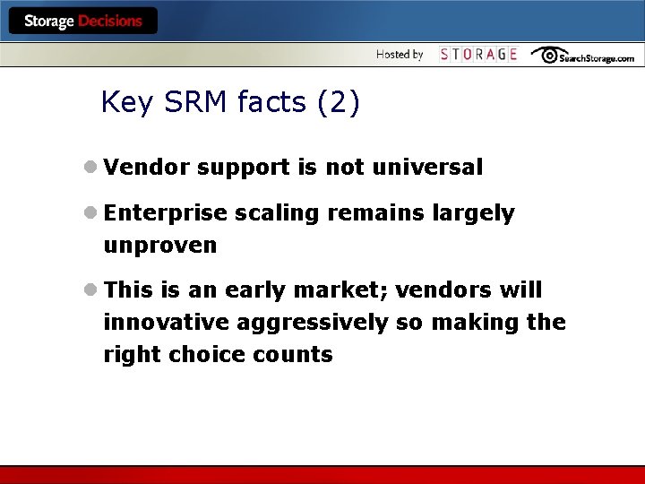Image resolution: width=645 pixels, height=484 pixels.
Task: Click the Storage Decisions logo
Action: click(82, 21)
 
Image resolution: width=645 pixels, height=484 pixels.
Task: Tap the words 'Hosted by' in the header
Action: click(400, 55)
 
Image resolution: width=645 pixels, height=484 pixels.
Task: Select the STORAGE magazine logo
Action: click(478, 55)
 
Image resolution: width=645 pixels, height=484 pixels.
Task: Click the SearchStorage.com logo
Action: click(583, 56)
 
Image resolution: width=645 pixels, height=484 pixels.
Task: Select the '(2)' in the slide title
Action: click(339, 103)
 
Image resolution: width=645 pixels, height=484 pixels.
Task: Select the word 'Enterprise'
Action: click(166, 213)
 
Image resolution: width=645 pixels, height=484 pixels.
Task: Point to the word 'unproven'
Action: click(160, 246)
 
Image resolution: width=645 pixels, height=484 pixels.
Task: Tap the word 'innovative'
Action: click(157, 323)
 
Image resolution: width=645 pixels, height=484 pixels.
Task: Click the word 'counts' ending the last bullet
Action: click(297, 355)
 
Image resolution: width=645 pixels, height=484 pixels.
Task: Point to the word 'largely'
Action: click(473, 214)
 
